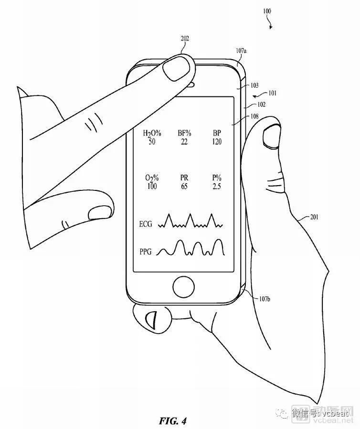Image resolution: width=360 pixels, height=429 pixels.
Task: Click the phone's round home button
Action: pyautogui.click(x=184, y=287)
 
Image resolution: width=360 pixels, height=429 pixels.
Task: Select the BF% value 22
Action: pyautogui.click(x=184, y=142)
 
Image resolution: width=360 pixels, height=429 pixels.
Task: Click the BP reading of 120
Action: pyautogui.click(x=216, y=142)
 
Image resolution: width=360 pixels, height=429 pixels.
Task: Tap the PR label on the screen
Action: pyautogui.click(x=184, y=178)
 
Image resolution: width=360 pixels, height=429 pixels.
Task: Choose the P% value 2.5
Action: pyautogui.click(x=216, y=186)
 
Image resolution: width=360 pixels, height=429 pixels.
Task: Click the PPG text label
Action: pyautogui.click(x=147, y=251)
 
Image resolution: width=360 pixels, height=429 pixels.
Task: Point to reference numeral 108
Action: pyautogui.click(x=254, y=116)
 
